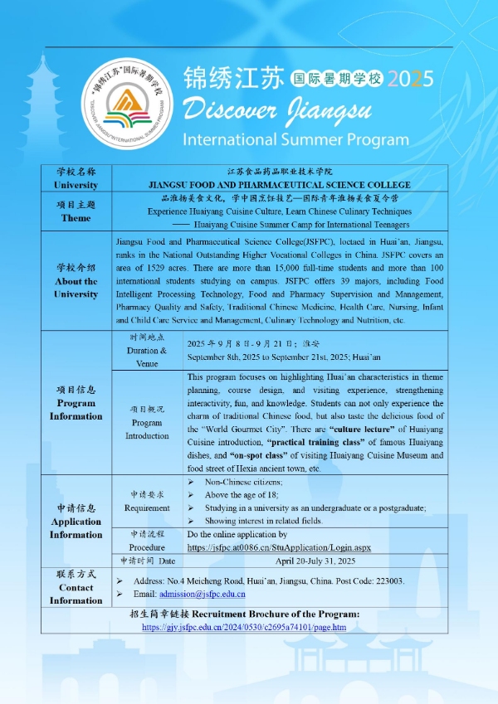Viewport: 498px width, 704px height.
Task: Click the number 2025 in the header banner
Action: [x=411, y=80]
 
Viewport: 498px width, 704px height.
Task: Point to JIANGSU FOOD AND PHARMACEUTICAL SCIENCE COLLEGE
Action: [x=280, y=184]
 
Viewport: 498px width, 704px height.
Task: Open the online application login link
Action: [x=279, y=548]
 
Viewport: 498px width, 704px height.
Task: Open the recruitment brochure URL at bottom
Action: [x=244, y=628]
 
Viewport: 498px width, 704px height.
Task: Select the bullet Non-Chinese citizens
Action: [x=243, y=482]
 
